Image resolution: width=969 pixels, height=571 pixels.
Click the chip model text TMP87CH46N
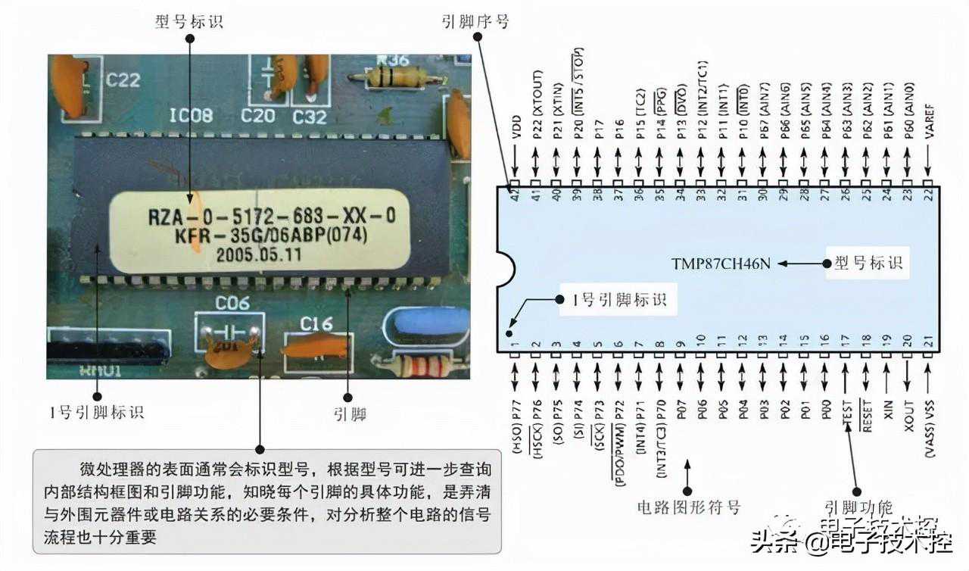pos(720,264)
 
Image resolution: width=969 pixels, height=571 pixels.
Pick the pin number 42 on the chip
pos(515,194)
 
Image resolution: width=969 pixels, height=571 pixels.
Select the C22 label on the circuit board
pos(122,79)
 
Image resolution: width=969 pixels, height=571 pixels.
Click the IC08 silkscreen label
pos(190,115)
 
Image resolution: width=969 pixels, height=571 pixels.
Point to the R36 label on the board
pos(392,61)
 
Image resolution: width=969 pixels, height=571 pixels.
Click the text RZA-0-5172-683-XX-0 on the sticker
pos(271,217)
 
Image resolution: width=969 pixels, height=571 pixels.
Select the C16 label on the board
pos(316,323)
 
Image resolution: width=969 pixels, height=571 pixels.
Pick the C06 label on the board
pos(232,304)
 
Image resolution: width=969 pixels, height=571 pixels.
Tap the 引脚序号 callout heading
pos(475,21)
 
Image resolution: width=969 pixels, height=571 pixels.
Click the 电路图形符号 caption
pos(688,507)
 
